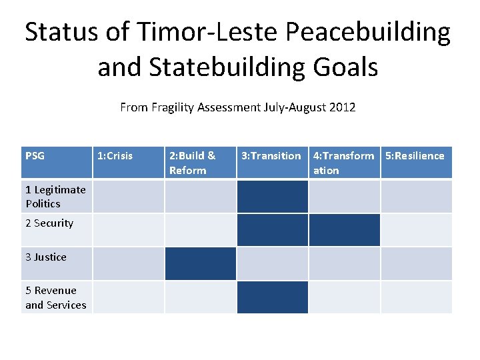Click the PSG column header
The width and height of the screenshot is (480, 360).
35,156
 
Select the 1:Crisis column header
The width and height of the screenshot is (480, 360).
115,156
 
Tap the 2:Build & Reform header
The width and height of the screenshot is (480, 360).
193,163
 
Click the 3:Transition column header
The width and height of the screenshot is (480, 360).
271,156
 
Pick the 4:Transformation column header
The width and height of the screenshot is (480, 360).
343,163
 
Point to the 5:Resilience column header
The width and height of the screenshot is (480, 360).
415,156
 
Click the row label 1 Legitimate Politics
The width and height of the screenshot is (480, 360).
55,197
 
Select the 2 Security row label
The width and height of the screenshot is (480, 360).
49,223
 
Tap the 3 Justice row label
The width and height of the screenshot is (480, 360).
46,257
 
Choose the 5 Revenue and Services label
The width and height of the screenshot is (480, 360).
56,297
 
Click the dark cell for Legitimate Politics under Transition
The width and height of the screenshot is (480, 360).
272,197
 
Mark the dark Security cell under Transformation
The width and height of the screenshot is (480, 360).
344,230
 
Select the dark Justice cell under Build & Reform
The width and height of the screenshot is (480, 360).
200,263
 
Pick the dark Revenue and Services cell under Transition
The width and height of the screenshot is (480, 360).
272,297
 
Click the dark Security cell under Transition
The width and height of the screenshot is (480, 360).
272,230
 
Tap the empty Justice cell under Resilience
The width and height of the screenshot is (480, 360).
416,263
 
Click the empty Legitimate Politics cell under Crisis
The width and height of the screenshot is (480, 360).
128,197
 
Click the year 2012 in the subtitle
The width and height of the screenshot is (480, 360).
343,107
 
